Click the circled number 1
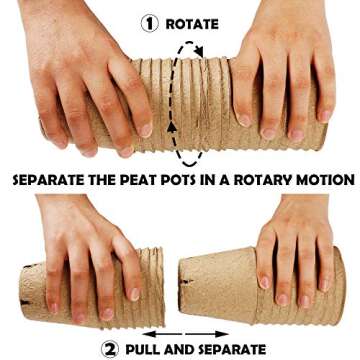[x=149, y=23]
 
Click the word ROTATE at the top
[x=192, y=24]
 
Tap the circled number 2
[x=110, y=349]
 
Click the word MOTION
[x=322, y=180]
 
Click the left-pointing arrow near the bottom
[x=163, y=334]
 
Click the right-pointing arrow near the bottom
[x=207, y=334]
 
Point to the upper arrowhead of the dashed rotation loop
[x=199, y=51]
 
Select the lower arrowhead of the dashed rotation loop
[x=172, y=127]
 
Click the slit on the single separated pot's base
[x=187, y=282]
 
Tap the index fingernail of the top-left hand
[x=146, y=130]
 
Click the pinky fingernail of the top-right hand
[x=325, y=116]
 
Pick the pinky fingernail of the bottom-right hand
[x=324, y=285]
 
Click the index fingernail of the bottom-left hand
[x=134, y=294]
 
